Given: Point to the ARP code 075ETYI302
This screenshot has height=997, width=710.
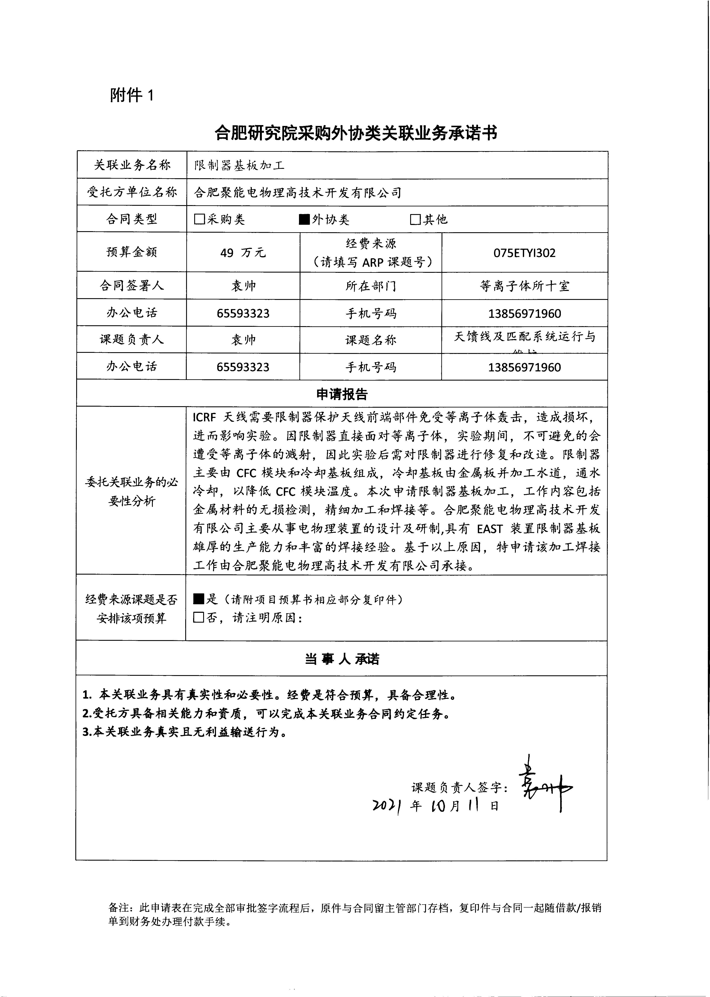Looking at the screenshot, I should tap(524, 253).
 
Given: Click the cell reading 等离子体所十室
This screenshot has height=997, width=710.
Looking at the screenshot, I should tap(524, 286).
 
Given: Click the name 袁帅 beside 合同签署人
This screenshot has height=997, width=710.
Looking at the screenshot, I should tap(243, 286).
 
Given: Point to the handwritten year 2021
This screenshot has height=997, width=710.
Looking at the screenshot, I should tap(387, 806).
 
